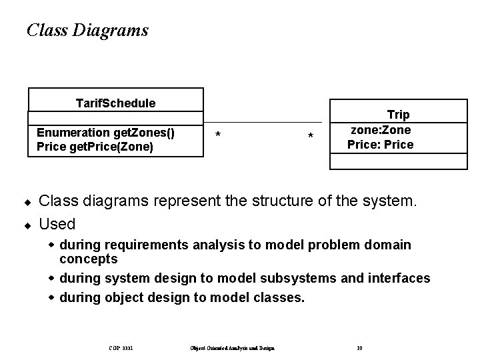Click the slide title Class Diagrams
87,30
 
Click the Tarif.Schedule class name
115,103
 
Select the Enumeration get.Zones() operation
105,132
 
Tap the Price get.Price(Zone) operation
95,147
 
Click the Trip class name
398,115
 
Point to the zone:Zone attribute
381,130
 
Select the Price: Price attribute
380,144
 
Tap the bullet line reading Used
57,223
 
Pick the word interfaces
394,278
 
